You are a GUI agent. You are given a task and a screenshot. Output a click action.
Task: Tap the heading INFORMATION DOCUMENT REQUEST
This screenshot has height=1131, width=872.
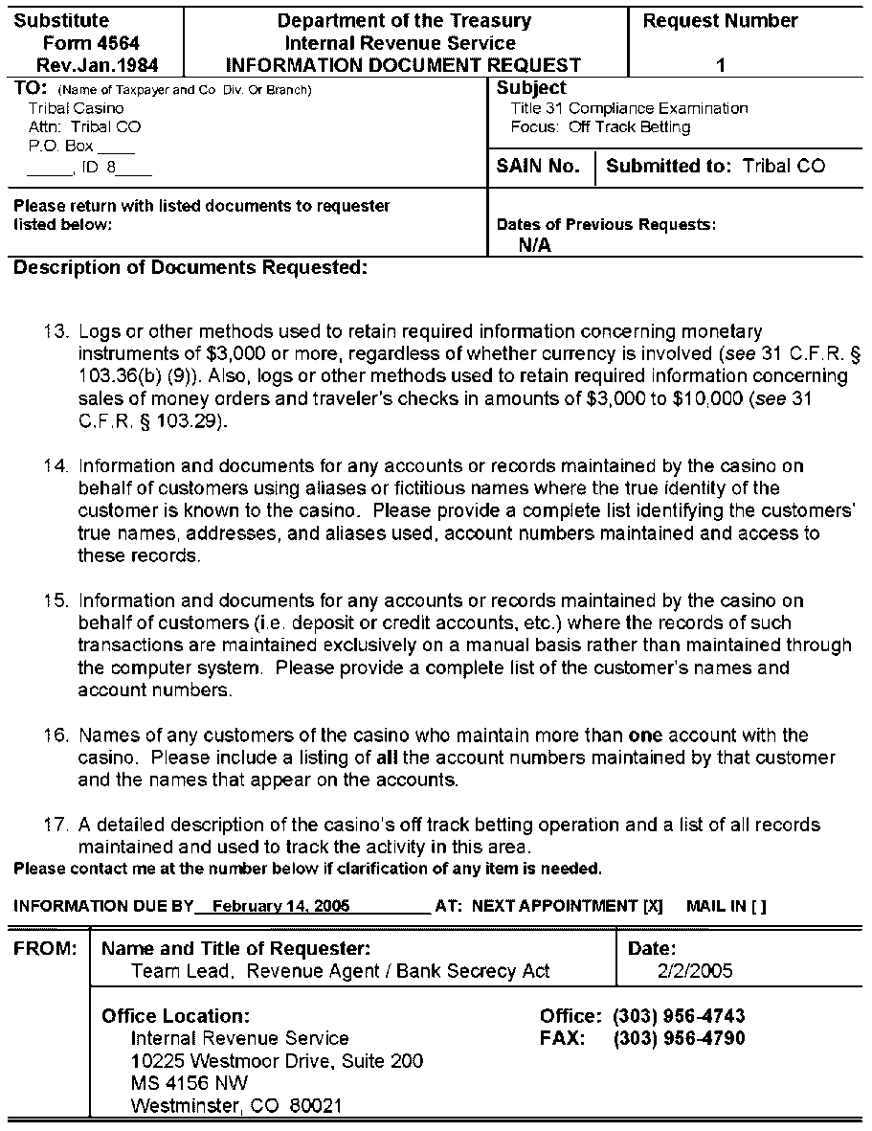[x=403, y=66]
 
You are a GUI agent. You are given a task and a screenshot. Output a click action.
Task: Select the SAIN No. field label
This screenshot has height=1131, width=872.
[x=539, y=167]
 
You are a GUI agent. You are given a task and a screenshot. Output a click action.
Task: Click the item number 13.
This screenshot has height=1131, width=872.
[x=56, y=332]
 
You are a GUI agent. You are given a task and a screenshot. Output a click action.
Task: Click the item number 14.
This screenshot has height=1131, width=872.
[x=56, y=466]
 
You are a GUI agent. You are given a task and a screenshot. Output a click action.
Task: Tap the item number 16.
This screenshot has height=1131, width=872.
[x=56, y=735]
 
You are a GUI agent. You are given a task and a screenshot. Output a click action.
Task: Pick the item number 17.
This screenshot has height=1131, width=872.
[x=56, y=826]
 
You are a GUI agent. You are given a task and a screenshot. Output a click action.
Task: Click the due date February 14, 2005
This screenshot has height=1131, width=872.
[x=281, y=906]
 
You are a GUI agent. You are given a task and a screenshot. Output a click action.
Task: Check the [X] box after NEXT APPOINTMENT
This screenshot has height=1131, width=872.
[x=654, y=906]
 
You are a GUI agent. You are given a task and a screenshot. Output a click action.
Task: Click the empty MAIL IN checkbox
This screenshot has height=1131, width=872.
[x=759, y=906]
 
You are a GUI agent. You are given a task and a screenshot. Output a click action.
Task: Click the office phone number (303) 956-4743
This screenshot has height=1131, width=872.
[x=679, y=1016]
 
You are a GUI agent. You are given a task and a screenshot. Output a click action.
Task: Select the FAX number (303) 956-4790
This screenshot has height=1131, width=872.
[x=679, y=1038]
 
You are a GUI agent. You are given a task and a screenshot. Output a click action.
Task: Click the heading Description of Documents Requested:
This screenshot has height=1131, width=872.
[x=191, y=268]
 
